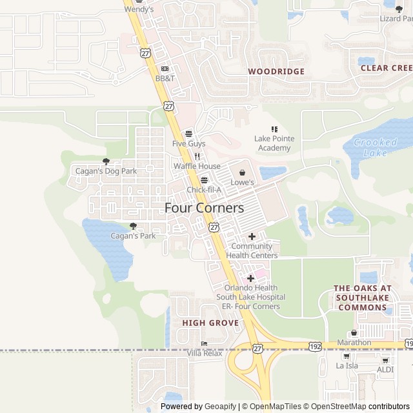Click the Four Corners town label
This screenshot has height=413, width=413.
pyautogui.click(x=204, y=208)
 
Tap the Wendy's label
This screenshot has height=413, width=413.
pyautogui.click(x=139, y=10)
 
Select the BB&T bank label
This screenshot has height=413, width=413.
pyautogui.click(x=165, y=78)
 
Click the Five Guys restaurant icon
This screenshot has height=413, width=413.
pyautogui.click(x=188, y=134)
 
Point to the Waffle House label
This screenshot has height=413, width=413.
pyautogui.click(x=197, y=166)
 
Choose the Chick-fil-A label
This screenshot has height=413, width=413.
pyautogui.click(x=204, y=190)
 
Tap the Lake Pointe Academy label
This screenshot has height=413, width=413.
pyautogui.click(x=272, y=143)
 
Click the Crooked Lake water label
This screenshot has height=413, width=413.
pyautogui.click(x=376, y=147)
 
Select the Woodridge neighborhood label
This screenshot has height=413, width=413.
pyautogui.click(x=276, y=72)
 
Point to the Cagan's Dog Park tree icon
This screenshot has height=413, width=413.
pyautogui.click(x=106, y=161)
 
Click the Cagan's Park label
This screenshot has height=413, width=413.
pyautogui.click(x=133, y=236)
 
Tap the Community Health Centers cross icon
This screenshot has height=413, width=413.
pyautogui.click(x=252, y=236)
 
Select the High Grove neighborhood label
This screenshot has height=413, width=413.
pyautogui.click(x=210, y=323)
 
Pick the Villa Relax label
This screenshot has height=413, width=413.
pyautogui.click(x=205, y=353)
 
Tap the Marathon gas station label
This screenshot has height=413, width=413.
pyautogui.click(x=354, y=343)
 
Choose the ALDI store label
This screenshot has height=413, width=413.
pyautogui.click(x=385, y=370)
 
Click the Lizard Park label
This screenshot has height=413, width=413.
pyautogui.click(x=394, y=19)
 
